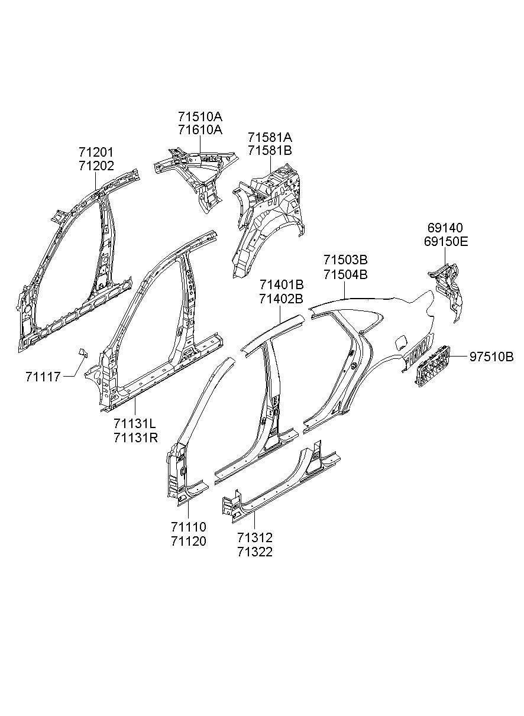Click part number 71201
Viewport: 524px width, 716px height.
96,153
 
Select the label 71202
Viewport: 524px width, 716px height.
96,166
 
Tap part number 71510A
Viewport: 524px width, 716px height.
200,116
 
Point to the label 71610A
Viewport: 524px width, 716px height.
200,129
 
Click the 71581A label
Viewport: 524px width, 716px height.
270,137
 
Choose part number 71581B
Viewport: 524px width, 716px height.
270,150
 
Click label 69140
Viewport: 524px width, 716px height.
445,228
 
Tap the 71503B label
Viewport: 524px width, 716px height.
345,260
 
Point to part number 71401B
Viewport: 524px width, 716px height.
281,286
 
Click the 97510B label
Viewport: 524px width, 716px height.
491,357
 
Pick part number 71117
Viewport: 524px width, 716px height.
43,376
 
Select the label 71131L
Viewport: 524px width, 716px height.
135,425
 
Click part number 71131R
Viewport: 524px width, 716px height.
135,438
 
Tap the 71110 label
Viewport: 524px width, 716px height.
189,526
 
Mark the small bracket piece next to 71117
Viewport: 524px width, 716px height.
82,353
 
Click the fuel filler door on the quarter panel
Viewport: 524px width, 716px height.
400,341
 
